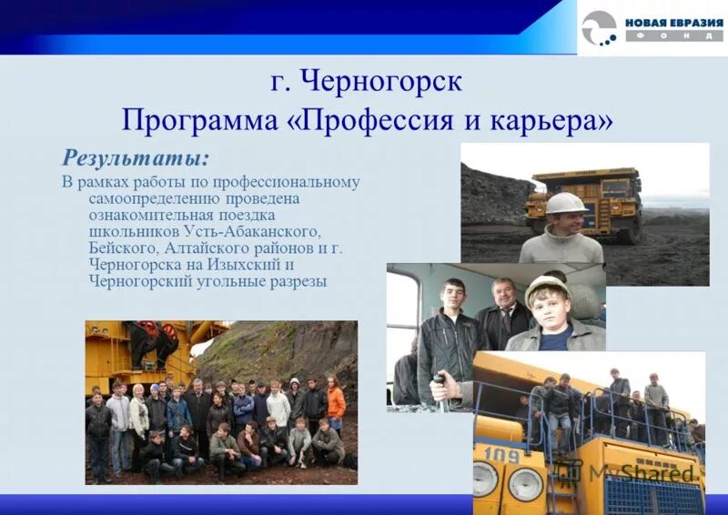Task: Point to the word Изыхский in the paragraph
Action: pos(252,265)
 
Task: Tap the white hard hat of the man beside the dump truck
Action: pos(566,203)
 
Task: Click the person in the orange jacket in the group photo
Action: pos(336,401)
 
